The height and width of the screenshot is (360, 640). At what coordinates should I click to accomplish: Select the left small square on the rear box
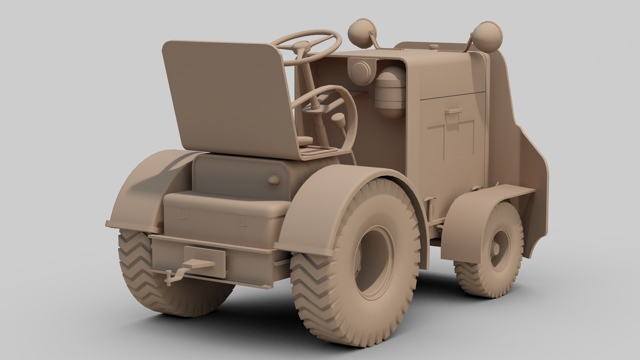(x=183, y=213)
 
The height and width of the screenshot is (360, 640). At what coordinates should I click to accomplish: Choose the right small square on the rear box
(x=243, y=220)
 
